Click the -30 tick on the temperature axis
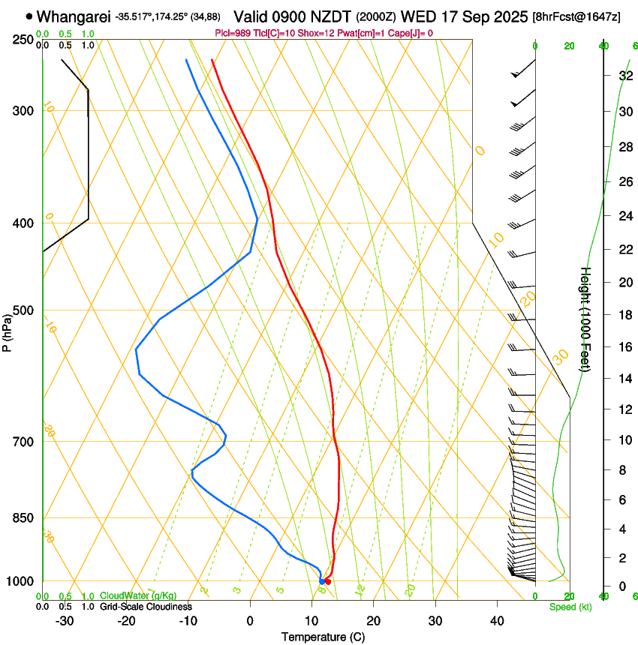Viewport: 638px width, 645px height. click(65, 621)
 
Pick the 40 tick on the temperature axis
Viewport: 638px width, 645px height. click(497, 621)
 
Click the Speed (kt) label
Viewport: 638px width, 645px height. click(570, 607)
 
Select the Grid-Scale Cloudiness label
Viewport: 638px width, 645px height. click(146, 607)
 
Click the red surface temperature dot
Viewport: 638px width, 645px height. click(328, 581)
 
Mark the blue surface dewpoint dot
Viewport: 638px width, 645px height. click(322, 581)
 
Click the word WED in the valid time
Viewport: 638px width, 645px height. click(417, 16)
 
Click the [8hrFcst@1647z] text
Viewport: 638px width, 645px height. click(576, 16)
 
